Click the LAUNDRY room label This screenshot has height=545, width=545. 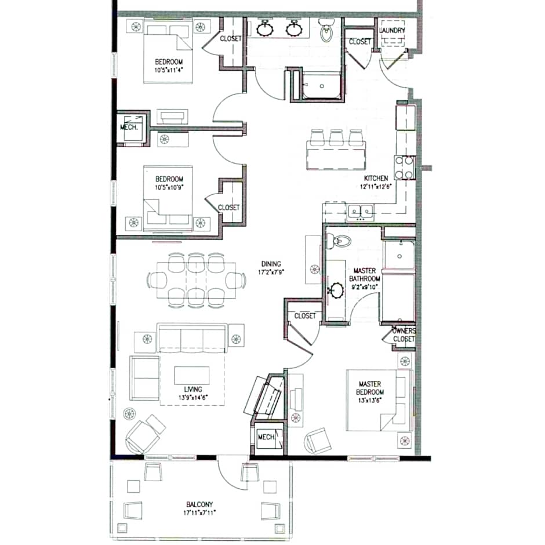pos(392,30)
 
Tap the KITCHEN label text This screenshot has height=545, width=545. pos(376,178)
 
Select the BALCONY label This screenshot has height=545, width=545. pos(199,504)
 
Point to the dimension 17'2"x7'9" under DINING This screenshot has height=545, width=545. pos(271,271)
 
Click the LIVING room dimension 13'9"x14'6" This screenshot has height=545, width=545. pos(193,398)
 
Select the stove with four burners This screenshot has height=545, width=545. pos(404,168)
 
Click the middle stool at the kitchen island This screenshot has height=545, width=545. pos(336,137)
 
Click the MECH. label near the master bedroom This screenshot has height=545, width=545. pos(266,437)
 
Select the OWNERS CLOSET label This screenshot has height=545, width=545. pos(404,335)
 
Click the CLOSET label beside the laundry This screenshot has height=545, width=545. pos(359,42)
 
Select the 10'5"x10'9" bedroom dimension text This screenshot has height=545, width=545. pos(169,187)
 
